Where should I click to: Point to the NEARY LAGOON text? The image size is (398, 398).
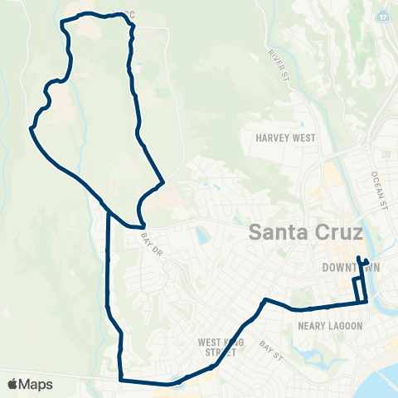[329, 326]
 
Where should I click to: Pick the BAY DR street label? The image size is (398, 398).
[149, 244]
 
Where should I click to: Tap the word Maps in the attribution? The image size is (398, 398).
[37, 384]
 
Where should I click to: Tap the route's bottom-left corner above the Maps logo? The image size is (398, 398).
[121, 381]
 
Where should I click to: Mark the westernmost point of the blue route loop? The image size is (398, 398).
[32, 129]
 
